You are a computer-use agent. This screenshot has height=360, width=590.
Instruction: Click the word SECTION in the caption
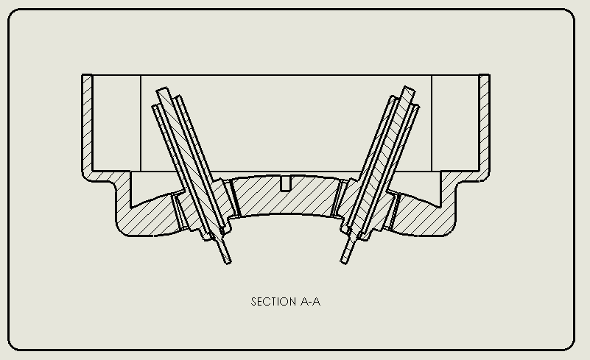273,302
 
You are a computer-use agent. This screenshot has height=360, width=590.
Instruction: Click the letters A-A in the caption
311,302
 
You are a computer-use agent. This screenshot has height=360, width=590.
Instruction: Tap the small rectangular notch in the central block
286,183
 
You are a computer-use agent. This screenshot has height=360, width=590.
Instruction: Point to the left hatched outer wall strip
87,124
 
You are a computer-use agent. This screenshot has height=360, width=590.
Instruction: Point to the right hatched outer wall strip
484,124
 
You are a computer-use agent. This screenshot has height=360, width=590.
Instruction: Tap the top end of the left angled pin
163,91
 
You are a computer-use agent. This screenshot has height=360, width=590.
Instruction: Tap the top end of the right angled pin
409,90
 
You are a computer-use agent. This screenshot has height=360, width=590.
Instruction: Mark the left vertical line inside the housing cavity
141,124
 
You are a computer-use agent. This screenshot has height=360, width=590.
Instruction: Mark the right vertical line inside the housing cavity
432,124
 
